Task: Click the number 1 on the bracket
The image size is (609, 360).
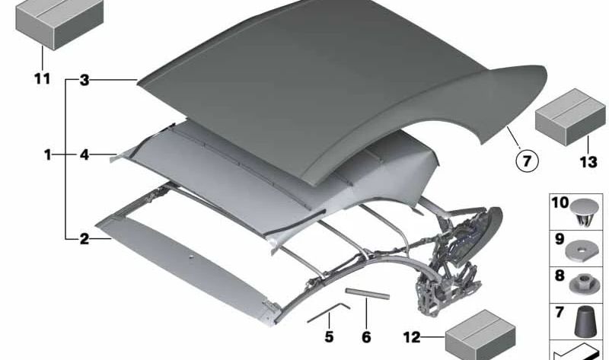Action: click(x=47, y=155)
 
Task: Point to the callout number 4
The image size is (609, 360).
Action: click(x=84, y=155)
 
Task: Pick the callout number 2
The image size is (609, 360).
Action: click(x=84, y=239)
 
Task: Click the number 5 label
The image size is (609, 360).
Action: click(x=329, y=335)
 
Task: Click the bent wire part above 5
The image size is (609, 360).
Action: click(x=327, y=312)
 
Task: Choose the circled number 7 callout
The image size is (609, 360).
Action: click(x=526, y=161)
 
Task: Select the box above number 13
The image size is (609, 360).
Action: click(x=564, y=114)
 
